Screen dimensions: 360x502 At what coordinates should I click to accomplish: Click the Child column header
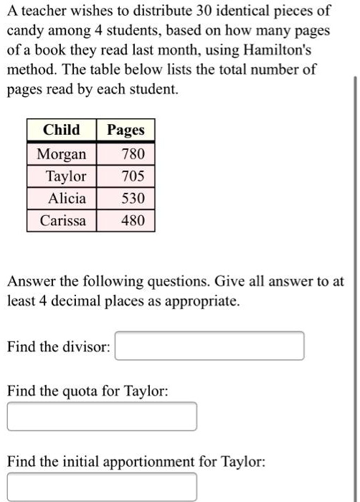(x=62, y=130)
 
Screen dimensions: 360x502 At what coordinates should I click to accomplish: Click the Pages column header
(x=125, y=130)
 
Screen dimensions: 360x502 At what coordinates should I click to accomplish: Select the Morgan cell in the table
(x=62, y=154)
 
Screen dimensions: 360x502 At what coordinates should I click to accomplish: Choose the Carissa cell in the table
(x=62, y=220)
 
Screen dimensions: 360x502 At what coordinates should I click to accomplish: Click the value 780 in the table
(x=133, y=154)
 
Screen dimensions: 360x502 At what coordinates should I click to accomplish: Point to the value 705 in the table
(x=133, y=176)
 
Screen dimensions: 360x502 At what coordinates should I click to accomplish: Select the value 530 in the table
(x=133, y=198)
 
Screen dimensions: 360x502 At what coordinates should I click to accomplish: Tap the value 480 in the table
(x=133, y=220)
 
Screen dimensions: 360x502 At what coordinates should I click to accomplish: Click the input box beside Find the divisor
(x=209, y=346)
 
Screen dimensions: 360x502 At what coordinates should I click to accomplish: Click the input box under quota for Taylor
(x=102, y=417)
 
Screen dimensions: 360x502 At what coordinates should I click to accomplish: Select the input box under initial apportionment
(x=102, y=487)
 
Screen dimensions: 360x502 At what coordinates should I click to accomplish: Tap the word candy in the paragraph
(x=25, y=32)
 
